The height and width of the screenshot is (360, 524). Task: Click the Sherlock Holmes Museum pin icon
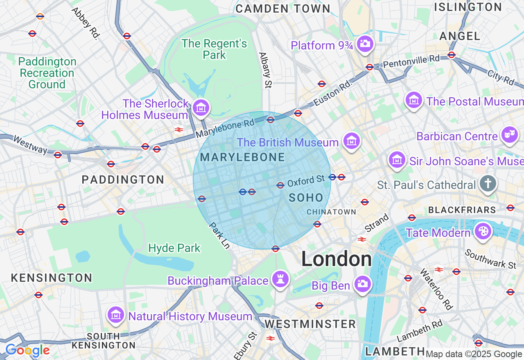click(201, 108)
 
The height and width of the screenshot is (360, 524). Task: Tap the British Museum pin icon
click(351, 141)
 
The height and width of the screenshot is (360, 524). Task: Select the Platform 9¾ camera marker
click(364, 43)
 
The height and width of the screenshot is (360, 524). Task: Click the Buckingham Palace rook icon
click(280, 280)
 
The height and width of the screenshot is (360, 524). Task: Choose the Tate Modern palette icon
click(483, 232)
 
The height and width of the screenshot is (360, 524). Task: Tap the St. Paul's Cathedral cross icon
click(488, 184)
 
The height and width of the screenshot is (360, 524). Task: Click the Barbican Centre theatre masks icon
click(510, 135)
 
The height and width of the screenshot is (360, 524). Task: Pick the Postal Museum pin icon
click(414, 100)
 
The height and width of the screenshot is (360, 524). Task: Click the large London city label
click(337, 259)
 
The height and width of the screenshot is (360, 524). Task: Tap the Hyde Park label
click(174, 248)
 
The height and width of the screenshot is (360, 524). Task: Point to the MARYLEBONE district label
click(242, 157)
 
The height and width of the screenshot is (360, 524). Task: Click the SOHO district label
click(306, 198)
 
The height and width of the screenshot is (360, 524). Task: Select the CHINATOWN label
click(331, 212)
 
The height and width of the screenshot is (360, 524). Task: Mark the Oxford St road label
click(306, 181)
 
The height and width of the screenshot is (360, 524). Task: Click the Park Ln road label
click(220, 235)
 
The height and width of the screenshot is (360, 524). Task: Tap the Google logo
click(27, 351)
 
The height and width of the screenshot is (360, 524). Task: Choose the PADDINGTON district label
click(123, 180)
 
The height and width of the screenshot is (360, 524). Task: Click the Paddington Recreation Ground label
click(47, 73)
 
